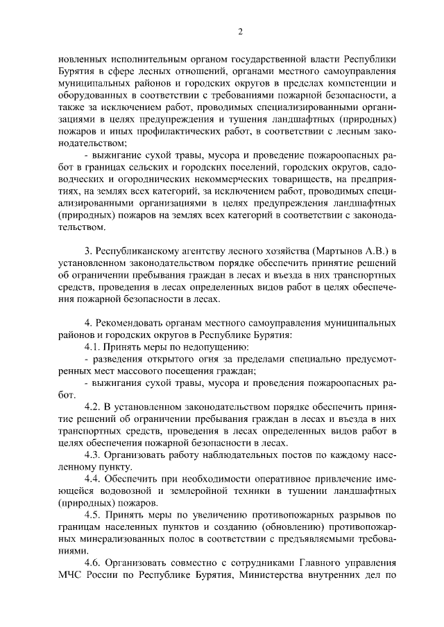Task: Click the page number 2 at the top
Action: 240,31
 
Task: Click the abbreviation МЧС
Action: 71,576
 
